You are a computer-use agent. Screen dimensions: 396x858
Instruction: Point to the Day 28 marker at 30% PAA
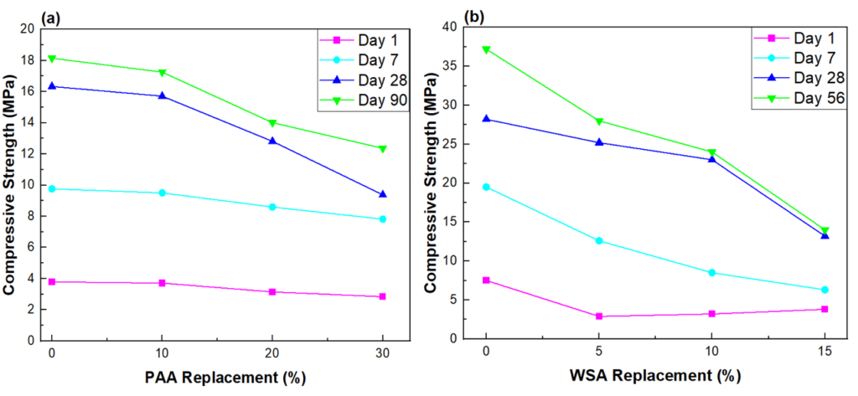coord(383,194)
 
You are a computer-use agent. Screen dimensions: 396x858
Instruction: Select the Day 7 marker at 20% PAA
coord(272,207)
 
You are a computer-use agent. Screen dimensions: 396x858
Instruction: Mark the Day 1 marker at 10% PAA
coord(162,283)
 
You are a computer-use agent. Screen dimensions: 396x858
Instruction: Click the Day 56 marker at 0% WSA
coord(486,49)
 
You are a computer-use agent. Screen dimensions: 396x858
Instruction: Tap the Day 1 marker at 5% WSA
coord(599,316)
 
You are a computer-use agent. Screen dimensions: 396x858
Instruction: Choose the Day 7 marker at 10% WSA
coord(712,273)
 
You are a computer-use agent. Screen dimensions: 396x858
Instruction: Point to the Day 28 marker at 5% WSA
coord(599,142)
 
